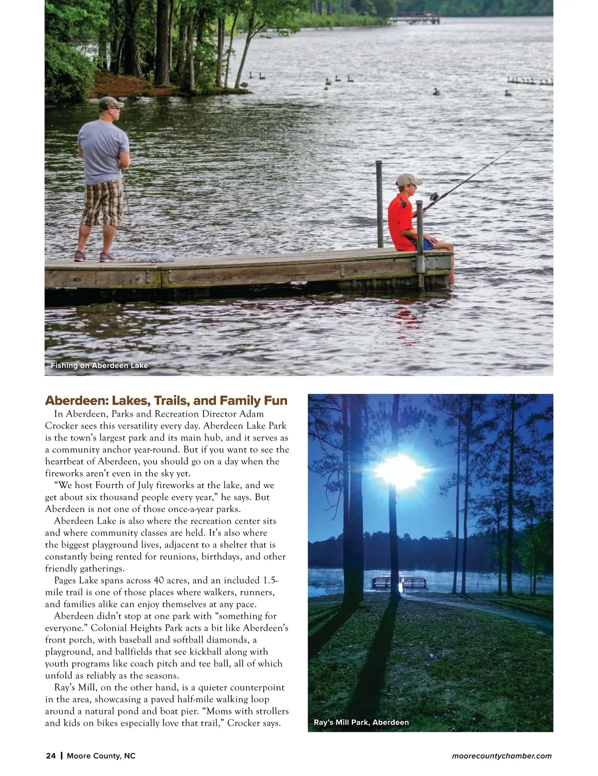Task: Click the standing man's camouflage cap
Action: (109, 103)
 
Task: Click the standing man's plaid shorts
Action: (103, 202)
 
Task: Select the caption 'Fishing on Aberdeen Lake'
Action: (99, 366)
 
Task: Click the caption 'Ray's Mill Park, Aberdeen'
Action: (361, 722)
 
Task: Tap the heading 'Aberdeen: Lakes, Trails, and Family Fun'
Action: (166, 400)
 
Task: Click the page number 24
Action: (50, 756)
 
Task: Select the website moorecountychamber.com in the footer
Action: (501, 756)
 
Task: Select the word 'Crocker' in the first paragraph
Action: (63, 426)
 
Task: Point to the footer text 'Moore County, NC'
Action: (101, 756)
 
